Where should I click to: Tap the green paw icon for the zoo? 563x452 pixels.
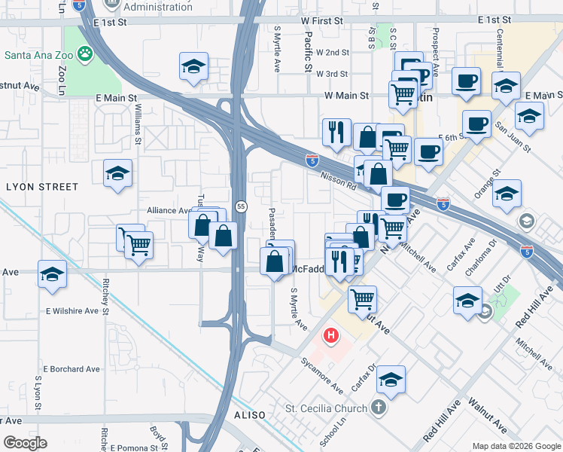(x=87, y=53)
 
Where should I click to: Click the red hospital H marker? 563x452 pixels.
(x=330, y=334)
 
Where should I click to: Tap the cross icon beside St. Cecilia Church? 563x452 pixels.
(x=378, y=408)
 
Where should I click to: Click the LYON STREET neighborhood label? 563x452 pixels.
(x=42, y=186)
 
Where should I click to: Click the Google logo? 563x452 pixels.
(x=26, y=443)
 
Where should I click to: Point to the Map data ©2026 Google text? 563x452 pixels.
(x=516, y=446)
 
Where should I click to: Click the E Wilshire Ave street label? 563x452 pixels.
(x=72, y=310)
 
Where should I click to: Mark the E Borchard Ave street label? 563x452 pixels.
(x=72, y=369)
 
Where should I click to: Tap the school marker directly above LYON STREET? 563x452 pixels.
(x=118, y=173)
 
